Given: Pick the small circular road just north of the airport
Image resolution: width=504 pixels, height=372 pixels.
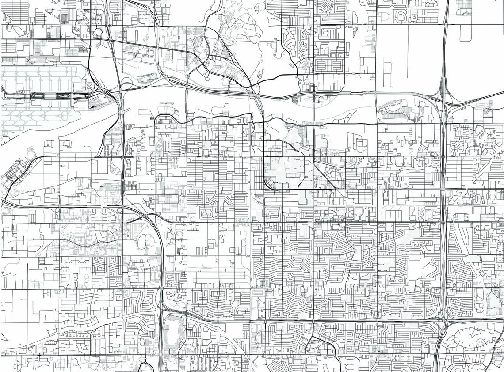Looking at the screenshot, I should coord(98,32).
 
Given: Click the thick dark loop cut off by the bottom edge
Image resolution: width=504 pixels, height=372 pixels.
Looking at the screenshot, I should coord(145,367).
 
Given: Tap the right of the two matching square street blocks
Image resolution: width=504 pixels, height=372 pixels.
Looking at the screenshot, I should coord(337,65).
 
